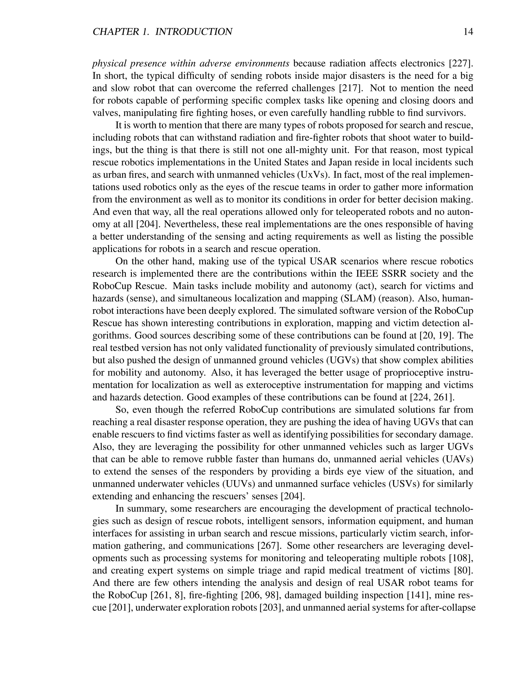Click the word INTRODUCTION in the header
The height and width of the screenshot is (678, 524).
[193, 32]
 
